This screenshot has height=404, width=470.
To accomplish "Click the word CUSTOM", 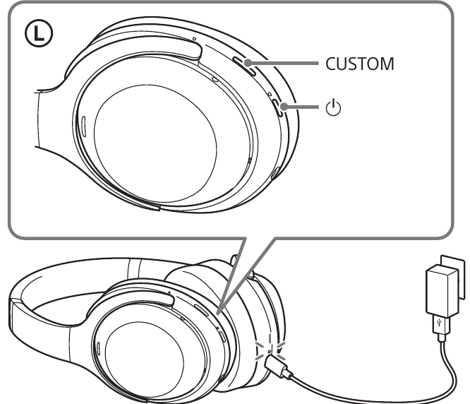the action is point(359,64).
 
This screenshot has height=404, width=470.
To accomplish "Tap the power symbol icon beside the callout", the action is point(333,107).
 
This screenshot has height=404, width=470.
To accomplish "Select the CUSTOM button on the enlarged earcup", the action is point(245,66).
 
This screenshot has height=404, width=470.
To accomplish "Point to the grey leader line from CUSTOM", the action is point(282,63).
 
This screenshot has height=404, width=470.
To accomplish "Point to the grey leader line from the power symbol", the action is point(300,107).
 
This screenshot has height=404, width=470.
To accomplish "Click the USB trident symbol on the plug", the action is point(440,323).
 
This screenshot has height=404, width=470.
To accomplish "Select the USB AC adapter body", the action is point(442,291).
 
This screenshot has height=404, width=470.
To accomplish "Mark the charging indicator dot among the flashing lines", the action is point(270,351).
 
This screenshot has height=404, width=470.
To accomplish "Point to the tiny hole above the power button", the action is point(270,94).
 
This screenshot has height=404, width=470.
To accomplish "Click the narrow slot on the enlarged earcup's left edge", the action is point(84,125).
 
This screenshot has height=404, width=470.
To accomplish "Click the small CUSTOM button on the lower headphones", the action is point(201,309).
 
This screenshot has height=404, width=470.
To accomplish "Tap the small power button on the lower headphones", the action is point(222,336).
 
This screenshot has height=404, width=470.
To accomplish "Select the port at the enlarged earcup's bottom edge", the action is point(275,173).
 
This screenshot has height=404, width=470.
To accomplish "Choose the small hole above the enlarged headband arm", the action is point(194,39).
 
